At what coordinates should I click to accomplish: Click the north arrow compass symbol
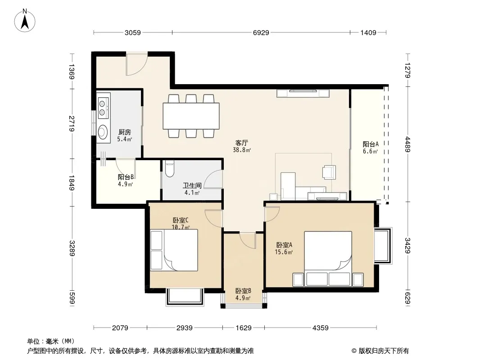point(25,21)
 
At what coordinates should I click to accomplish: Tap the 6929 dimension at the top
point(261,32)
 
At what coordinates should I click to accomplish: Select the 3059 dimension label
point(132,32)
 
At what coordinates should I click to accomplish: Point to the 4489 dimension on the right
point(408,144)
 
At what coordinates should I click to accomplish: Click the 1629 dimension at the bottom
point(243,328)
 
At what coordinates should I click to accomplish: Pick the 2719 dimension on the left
point(72,124)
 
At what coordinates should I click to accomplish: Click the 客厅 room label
point(241,143)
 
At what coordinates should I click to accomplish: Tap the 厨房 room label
point(125,132)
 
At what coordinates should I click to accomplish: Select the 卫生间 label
point(192,185)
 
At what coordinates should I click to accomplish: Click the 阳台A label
point(371,144)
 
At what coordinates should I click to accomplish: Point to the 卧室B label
point(243,291)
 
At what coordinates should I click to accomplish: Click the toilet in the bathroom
point(169,169)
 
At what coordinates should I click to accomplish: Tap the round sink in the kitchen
point(103,132)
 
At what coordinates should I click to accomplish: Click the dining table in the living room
point(191,116)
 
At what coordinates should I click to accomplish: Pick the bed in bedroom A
point(328,258)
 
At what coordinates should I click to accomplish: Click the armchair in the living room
point(329,172)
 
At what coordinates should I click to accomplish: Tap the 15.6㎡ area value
point(284,252)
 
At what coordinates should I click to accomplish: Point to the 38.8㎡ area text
point(242,150)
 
